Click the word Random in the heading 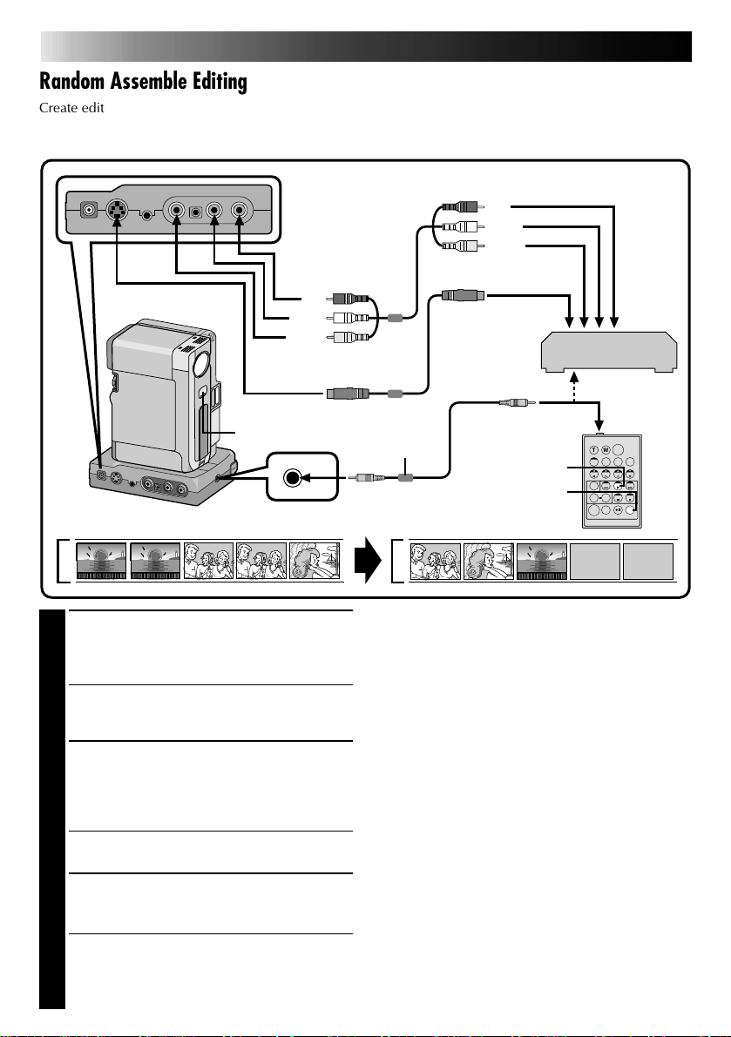click(x=76, y=82)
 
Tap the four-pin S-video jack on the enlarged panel click(x=116, y=210)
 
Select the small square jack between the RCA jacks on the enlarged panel click(x=198, y=210)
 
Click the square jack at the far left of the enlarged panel click(x=87, y=210)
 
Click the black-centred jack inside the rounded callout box click(x=294, y=476)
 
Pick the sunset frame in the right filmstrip click(x=542, y=562)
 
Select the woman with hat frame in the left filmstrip click(x=315, y=562)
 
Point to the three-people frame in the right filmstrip click(x=436, y=562)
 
